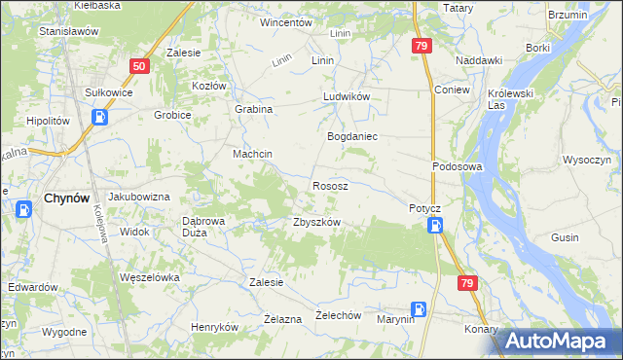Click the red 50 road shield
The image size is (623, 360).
[139, 66]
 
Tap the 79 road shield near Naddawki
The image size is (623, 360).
[421, 46]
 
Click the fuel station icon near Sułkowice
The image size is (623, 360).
[100, 117]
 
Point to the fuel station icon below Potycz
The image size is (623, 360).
[436, 226]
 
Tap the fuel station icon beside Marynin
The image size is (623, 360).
[418, 309]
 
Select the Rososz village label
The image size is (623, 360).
[330, 185]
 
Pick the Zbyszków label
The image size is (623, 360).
[316, 222]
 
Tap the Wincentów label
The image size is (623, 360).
[285, 21]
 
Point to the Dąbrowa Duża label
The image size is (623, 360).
[204, 227]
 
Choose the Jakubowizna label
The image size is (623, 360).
[138, 197]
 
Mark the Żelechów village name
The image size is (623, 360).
[340, 316]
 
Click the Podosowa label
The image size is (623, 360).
[458, 166]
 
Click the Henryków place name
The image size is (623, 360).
[214, 327]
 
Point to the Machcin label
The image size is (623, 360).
[252, 155]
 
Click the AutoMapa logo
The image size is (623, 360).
[560, 340]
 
